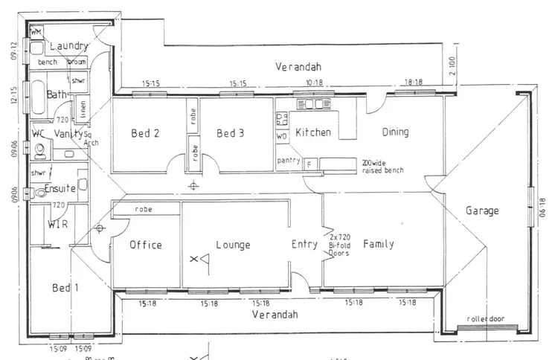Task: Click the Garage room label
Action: coord(482,211)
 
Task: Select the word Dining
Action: coord(395,133)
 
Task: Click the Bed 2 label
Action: coord(146,134)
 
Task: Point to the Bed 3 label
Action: coord(231,134)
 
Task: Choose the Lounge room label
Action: coord(233,245)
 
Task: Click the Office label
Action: coord(145,245)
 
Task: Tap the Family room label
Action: coord(378,244)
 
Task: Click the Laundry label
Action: coord(68,46)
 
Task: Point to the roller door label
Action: coord(485,319)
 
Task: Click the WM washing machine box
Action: coord(36,32)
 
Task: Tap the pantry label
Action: coord(288,161)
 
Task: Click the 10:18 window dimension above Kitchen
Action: coord(314,83)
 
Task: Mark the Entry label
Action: coord(304,244)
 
